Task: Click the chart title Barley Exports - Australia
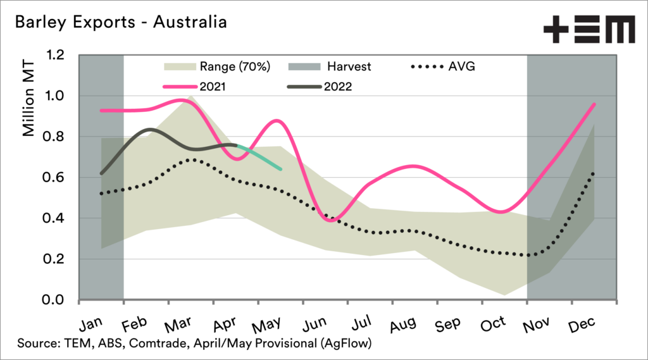click(x=120, y=23)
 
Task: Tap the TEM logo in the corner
click(x=589, y=28)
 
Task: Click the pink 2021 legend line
click(x=179, y=86)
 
